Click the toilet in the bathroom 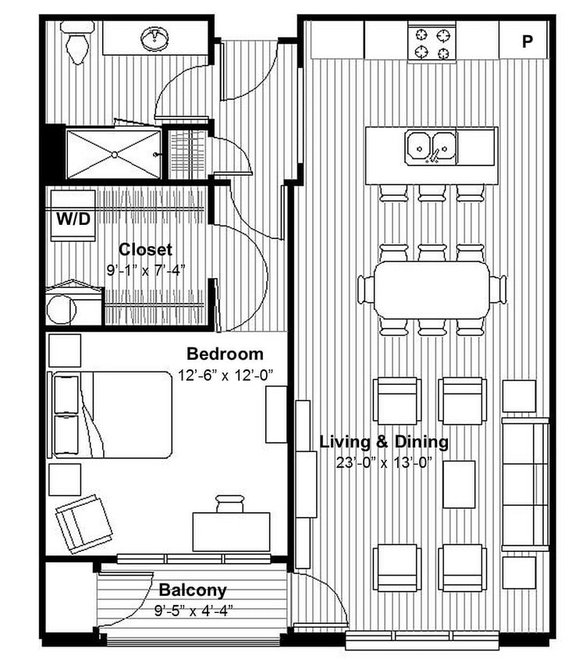click(78, 43)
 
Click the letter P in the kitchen click(527, 41)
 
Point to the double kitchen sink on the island click(431, 146)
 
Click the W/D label click(73, 219)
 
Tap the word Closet click(145, 250)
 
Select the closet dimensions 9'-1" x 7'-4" click(145, 271)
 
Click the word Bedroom click(225, 354)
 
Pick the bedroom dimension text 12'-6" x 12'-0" click(225, 375)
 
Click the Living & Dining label click(384, 442)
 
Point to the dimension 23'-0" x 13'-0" click(384, 462)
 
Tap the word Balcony click(193, 590)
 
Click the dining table click(431, 288)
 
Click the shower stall click(114, 155)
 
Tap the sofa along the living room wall click(525, 484)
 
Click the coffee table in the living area click(460, 484)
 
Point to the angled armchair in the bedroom click(83, 522)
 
